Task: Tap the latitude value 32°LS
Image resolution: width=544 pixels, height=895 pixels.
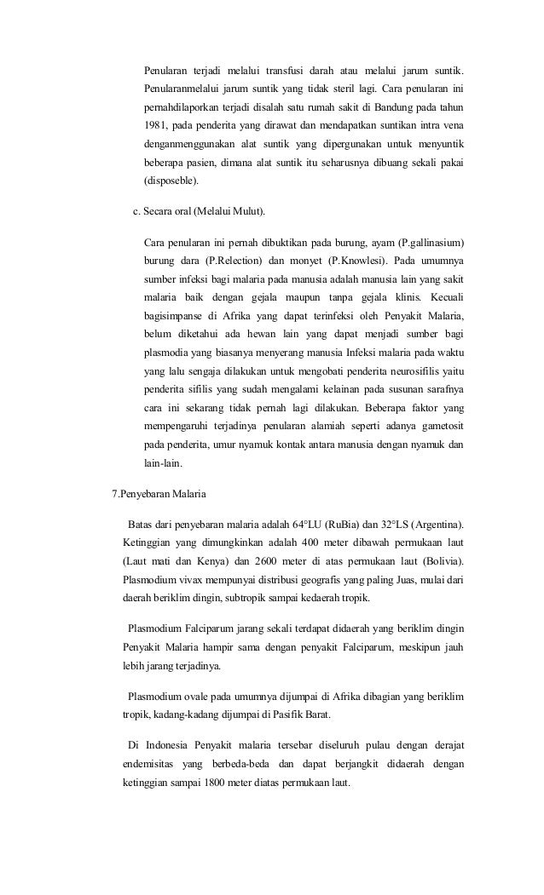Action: tap(391, 522)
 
